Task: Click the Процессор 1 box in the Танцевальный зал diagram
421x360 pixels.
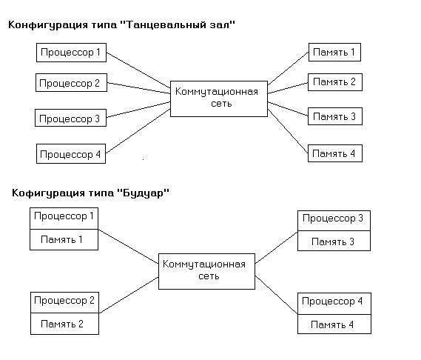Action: pos(72,53)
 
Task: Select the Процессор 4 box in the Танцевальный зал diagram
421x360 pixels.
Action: pos(71,153)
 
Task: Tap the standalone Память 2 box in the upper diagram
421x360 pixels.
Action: pos(335,82)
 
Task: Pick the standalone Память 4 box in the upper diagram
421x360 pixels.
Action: pos(335,153)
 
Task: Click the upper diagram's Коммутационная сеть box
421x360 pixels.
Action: pos(219,99)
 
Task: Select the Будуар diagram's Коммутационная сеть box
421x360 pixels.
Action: pos(206,271)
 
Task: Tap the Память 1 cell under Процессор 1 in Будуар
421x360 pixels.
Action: pos(64,239)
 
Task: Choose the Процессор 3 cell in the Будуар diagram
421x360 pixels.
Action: pos(334,221)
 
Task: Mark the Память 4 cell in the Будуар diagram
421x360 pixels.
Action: pos(334,324)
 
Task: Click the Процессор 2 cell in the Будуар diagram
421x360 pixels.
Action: pos(64,302)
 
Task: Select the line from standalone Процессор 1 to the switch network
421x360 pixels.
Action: pos(138,70)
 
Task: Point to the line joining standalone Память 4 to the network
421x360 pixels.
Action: pos(288,131)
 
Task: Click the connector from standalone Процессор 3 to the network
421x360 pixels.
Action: pos(138,110)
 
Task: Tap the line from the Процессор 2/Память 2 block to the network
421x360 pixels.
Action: pos(129,295)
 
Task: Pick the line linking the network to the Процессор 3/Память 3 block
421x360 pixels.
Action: pos(276,247)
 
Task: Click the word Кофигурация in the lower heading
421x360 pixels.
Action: pos(48,193)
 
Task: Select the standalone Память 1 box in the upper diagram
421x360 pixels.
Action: pos(334,52)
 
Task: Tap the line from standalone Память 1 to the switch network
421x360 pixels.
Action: pos(288,69)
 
